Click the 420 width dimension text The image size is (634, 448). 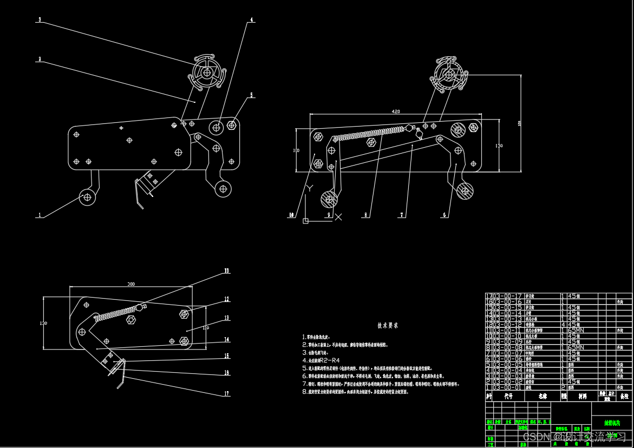point(396,111)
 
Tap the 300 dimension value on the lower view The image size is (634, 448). point(131,284)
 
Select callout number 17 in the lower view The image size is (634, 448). point(227,394)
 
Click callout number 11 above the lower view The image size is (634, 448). point(227,271)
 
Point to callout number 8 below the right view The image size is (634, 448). point(366,215)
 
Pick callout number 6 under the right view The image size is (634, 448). point(445,215)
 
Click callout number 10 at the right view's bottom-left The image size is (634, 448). point(291,215)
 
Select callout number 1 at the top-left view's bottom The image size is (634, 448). point(39,215)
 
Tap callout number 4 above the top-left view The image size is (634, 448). point(251,20)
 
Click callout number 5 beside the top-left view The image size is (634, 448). point(251,95)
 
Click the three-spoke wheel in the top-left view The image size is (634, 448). point(207,71)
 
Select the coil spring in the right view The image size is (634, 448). point(368,133)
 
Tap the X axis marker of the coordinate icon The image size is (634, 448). point(338,217)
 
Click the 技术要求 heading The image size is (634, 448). point(388,326)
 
